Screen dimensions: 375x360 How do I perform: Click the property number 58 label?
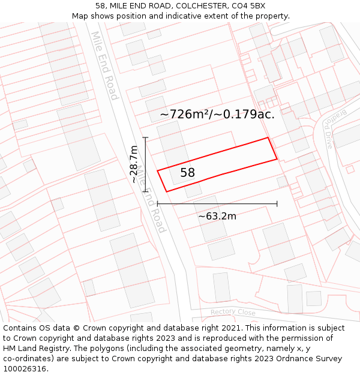click(187, 173)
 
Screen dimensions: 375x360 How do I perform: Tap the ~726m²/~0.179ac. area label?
click(217, 114)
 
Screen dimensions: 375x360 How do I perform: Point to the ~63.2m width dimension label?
click(217, 216)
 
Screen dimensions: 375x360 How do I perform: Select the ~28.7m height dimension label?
click(134, 164)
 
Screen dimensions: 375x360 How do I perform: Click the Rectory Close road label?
click(233, 313)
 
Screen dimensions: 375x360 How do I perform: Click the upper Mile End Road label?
click(104, 66)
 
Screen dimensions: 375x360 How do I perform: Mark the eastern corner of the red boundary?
click(277, 159)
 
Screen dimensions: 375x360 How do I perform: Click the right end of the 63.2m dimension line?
click(277, 204)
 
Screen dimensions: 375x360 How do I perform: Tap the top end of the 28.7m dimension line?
click(145, 138)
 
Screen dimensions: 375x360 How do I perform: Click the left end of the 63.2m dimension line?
click(157, 204)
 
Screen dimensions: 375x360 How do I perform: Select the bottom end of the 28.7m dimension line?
click(145, 191)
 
